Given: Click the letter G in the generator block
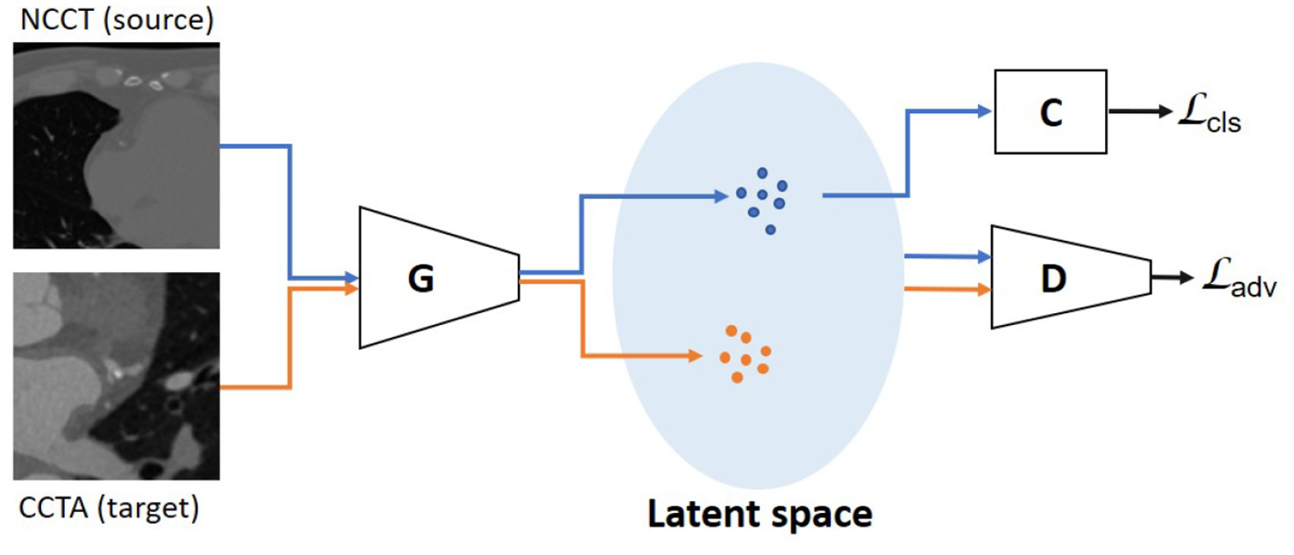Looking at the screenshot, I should [x=420, y=279].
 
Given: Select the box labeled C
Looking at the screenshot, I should [x=1050, y=110].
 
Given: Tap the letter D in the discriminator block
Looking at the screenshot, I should [x=1053, y=279].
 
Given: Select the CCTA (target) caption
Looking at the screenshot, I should [x=107, y=508].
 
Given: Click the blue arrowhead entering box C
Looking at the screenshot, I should [x=984, y=110].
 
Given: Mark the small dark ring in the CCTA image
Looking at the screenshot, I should [x=172, y=402].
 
